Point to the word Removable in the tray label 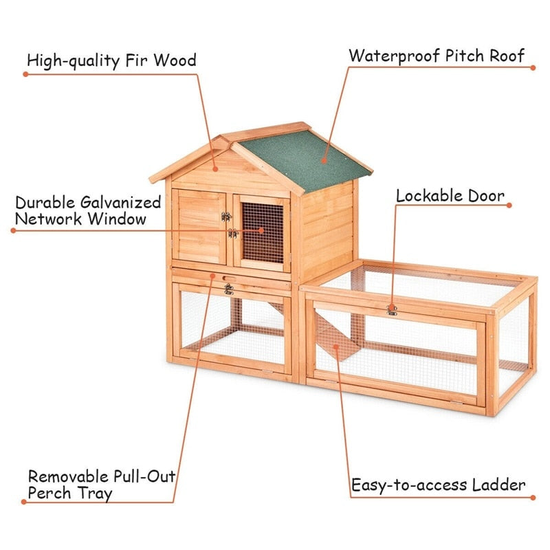pyautogui.click(x=67, y=476)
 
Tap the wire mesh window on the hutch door pyautogui.click(x=262, y=232)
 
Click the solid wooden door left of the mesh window pyautogui.click(x=199, y=226)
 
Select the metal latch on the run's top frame pyautogui.click(x=392, y=310)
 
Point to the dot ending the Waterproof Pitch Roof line pyautogui.click(x=533, y=67)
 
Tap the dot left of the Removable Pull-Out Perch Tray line pyautogui.click(x=23, y=502)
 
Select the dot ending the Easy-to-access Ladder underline pyautogui.click(x=531, y=496)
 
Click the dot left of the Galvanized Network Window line pyautogui.click(x=12, y=230)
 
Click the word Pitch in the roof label pyautogui.click(x=461, y=56)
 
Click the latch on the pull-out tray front pyautogui.click(x=228, y=289)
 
